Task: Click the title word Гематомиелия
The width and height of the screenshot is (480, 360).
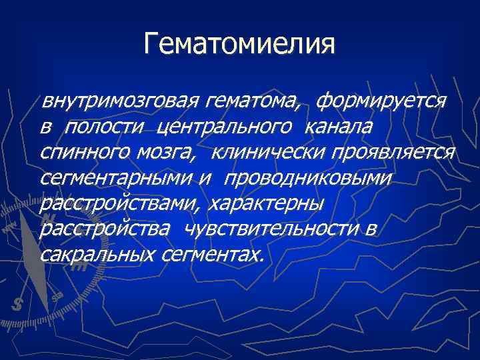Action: click(239, 44)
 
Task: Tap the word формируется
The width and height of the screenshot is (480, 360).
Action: click(381, 102)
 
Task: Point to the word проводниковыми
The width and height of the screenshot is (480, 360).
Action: click(309, 178)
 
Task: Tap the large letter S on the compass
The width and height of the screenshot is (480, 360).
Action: click(17, 303)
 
